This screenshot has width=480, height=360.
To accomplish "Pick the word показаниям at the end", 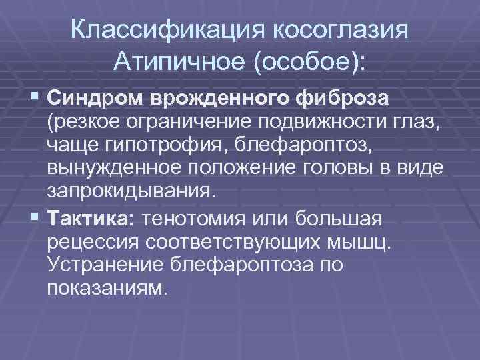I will (105, 288).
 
